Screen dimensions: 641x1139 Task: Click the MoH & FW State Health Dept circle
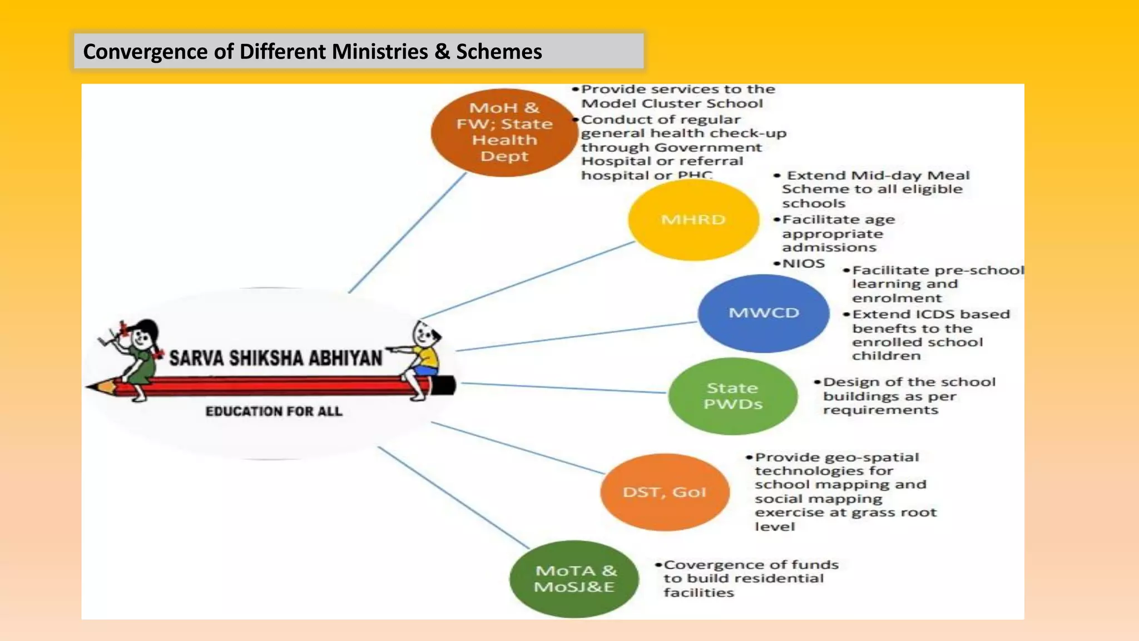click(504, 132)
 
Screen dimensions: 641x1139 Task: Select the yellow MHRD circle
click(694, 220)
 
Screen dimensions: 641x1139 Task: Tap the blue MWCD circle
click(764, 313)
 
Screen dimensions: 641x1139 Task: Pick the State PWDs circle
click(732, 396)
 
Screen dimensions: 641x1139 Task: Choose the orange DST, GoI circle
click(665, 492)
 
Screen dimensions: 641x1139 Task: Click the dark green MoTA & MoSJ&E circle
click(575, 579)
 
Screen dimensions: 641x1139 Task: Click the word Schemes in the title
click(499, 52)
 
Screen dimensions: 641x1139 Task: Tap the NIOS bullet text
click(803, 263)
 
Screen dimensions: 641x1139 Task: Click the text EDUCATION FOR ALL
click(274, 411)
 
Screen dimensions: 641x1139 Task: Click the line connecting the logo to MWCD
click(576, 336)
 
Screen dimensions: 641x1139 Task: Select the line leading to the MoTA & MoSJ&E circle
click(453, 497)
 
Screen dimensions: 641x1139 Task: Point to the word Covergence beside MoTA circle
click(702, 565)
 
